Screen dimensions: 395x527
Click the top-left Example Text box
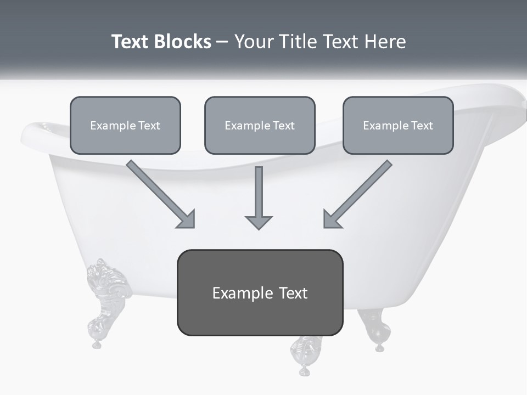tap(125, 125)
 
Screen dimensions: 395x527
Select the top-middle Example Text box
tap(260, 125)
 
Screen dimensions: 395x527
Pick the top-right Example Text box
tap(398, 125)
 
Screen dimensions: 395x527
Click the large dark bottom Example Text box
tap(260, 292)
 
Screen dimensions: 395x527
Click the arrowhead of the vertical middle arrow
tap(259, 222)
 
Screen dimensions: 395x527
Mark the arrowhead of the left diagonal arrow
tap(187, 219)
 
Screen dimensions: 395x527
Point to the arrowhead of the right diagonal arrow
tap(332, 219)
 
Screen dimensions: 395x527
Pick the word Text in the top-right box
tap(422, 125)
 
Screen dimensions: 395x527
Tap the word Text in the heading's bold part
tap(131, 42)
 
